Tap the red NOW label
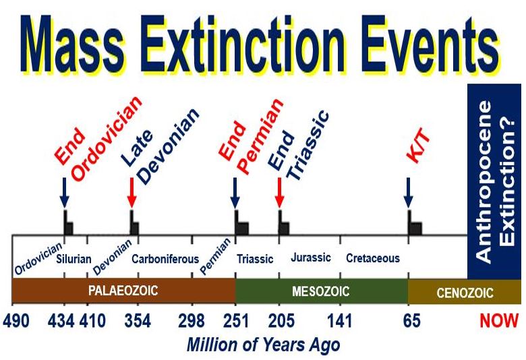click(x=499, y=320)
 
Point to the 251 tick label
click(x=236, y=320)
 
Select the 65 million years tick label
click(x=411, y=320)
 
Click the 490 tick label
click(x=16, y=320)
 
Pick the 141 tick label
click(x=339, y=320)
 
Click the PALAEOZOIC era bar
click(x=123, y=291)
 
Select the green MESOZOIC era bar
click(x=322, y=291)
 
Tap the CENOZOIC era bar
click(x=465, y=291)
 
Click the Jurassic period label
click(x=311, y=258)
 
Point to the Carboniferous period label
click(x=165, y=259)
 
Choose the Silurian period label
click(x=74, y=259)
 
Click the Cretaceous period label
click(x=373, y=258)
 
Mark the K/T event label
click(x=418, y=146)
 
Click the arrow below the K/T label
click(x=408, y=193)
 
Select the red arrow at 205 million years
click(x=279, y=193)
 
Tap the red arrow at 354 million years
click(x=131, y=193)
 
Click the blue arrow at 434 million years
click(x=64, y=193)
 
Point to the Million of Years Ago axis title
click(x=263, y=345)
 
